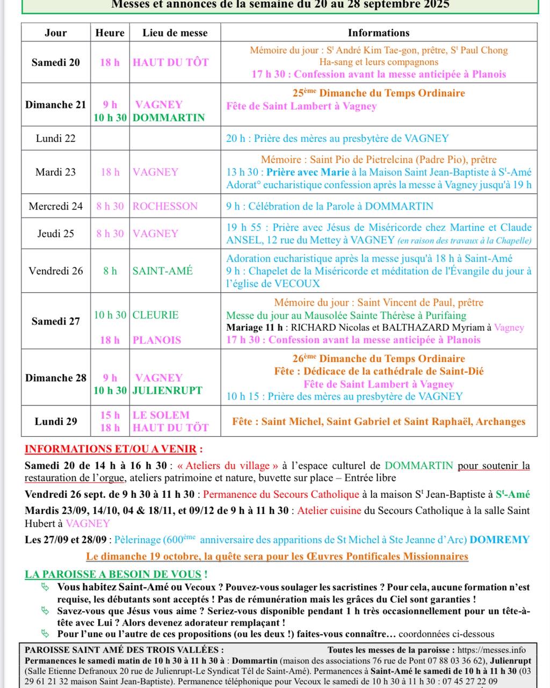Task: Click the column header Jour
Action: point(56,33)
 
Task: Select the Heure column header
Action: point(110,33)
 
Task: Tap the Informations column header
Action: point(379,33)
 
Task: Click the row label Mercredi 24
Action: point(56,206)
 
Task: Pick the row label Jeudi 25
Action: point(56,234)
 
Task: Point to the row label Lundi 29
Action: point(56,422)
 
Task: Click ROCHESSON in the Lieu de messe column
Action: point(165,206)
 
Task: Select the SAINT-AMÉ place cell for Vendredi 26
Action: point(163,271)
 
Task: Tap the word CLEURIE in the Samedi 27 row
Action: point(156,315)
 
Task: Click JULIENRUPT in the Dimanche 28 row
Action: point(168,390)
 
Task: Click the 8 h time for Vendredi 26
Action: point(110,271)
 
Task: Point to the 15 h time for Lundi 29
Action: point(110,415)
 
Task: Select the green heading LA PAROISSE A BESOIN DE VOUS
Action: point(116,574)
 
